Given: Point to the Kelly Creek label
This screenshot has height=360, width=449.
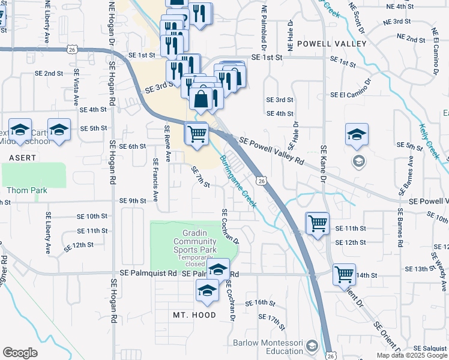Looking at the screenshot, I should tap(429, 142).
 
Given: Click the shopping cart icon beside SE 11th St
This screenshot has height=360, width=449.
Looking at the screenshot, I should tap(318, 224).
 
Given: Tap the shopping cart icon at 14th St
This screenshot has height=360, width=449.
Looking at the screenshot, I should tap(344, 275).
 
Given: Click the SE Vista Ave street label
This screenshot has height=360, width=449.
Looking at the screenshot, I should tap(76, 88).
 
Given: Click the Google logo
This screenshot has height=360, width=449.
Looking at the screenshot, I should tap(20, 353).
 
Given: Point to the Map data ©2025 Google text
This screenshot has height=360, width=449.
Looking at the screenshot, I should tap(411, 355).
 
